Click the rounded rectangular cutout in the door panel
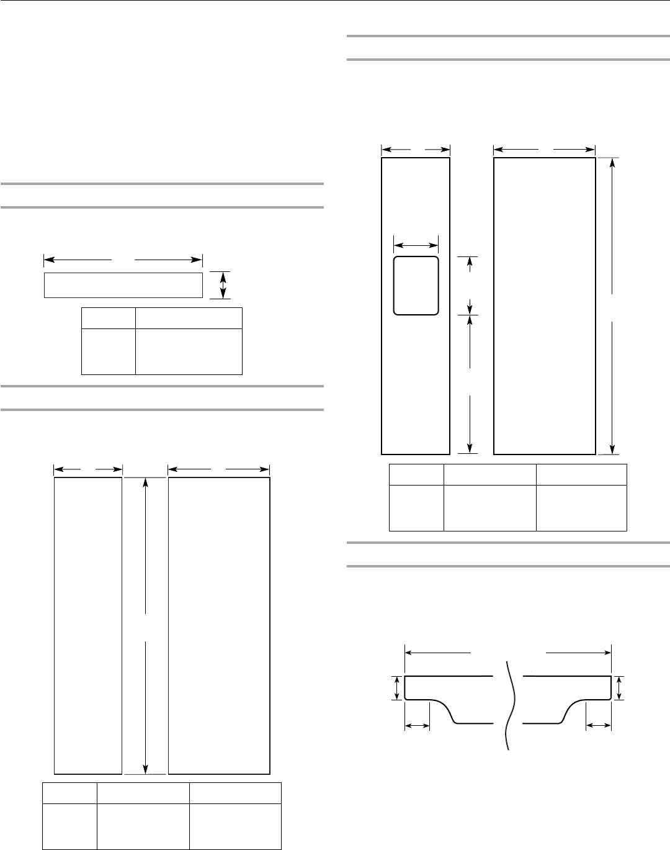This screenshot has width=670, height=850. [416, 285]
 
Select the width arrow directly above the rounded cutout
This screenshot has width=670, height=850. [416, 244]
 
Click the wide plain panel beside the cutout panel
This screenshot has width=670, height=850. [544, 306]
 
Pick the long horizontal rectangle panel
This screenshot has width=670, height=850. [123, 285]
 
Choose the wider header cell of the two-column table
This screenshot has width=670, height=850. [189, 319]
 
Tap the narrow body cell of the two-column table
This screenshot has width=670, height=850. [109, 351]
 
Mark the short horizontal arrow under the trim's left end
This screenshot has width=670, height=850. [417, 725]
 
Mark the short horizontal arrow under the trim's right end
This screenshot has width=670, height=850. [599, 725]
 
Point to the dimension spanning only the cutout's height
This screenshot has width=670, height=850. [470, 285]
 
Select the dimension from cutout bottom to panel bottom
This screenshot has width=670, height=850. [470, 384]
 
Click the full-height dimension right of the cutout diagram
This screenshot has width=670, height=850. [613, 306]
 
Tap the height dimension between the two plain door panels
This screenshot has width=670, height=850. [145, 626]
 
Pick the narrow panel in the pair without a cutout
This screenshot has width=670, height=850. [88, 626]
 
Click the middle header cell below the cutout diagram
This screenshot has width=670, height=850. [489, 475]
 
